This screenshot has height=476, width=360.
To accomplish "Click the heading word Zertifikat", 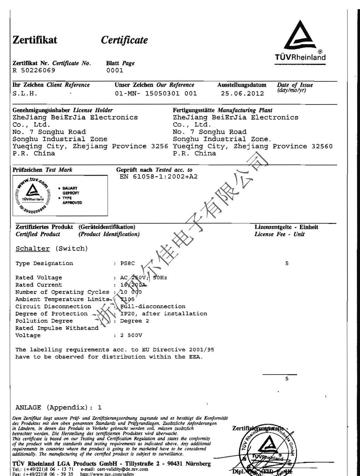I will pyautogui.click(x=35, y=40).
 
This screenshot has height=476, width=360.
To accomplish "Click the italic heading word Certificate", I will pyautogui.click(x=124, y=40).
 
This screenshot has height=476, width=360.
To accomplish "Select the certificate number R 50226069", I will pyautogui.click(x=34, y=70).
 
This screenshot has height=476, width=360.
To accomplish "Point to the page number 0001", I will pyautogui.click(x=114, y=70).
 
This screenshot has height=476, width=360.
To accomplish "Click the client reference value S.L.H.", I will pyautogui.click(x=25, y=93).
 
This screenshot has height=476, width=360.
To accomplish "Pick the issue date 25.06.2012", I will pyautogui.click(x=242, y=93).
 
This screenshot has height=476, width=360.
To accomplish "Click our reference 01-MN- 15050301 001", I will pyautogui.click(x=156, y=93).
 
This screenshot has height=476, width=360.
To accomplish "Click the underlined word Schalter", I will pyautogui.click(x=33, y=249).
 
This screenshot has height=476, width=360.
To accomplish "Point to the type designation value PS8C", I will pyautogui.click(x=127, y=263).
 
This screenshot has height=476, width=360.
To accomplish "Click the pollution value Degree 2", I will pyautogui.click(x=134, y=321).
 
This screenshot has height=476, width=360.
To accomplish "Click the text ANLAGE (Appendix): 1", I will pyautogui.click(x=58, y=407).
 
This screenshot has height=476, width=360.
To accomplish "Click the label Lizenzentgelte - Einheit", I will pyautogui.click(x=286, y=227).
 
